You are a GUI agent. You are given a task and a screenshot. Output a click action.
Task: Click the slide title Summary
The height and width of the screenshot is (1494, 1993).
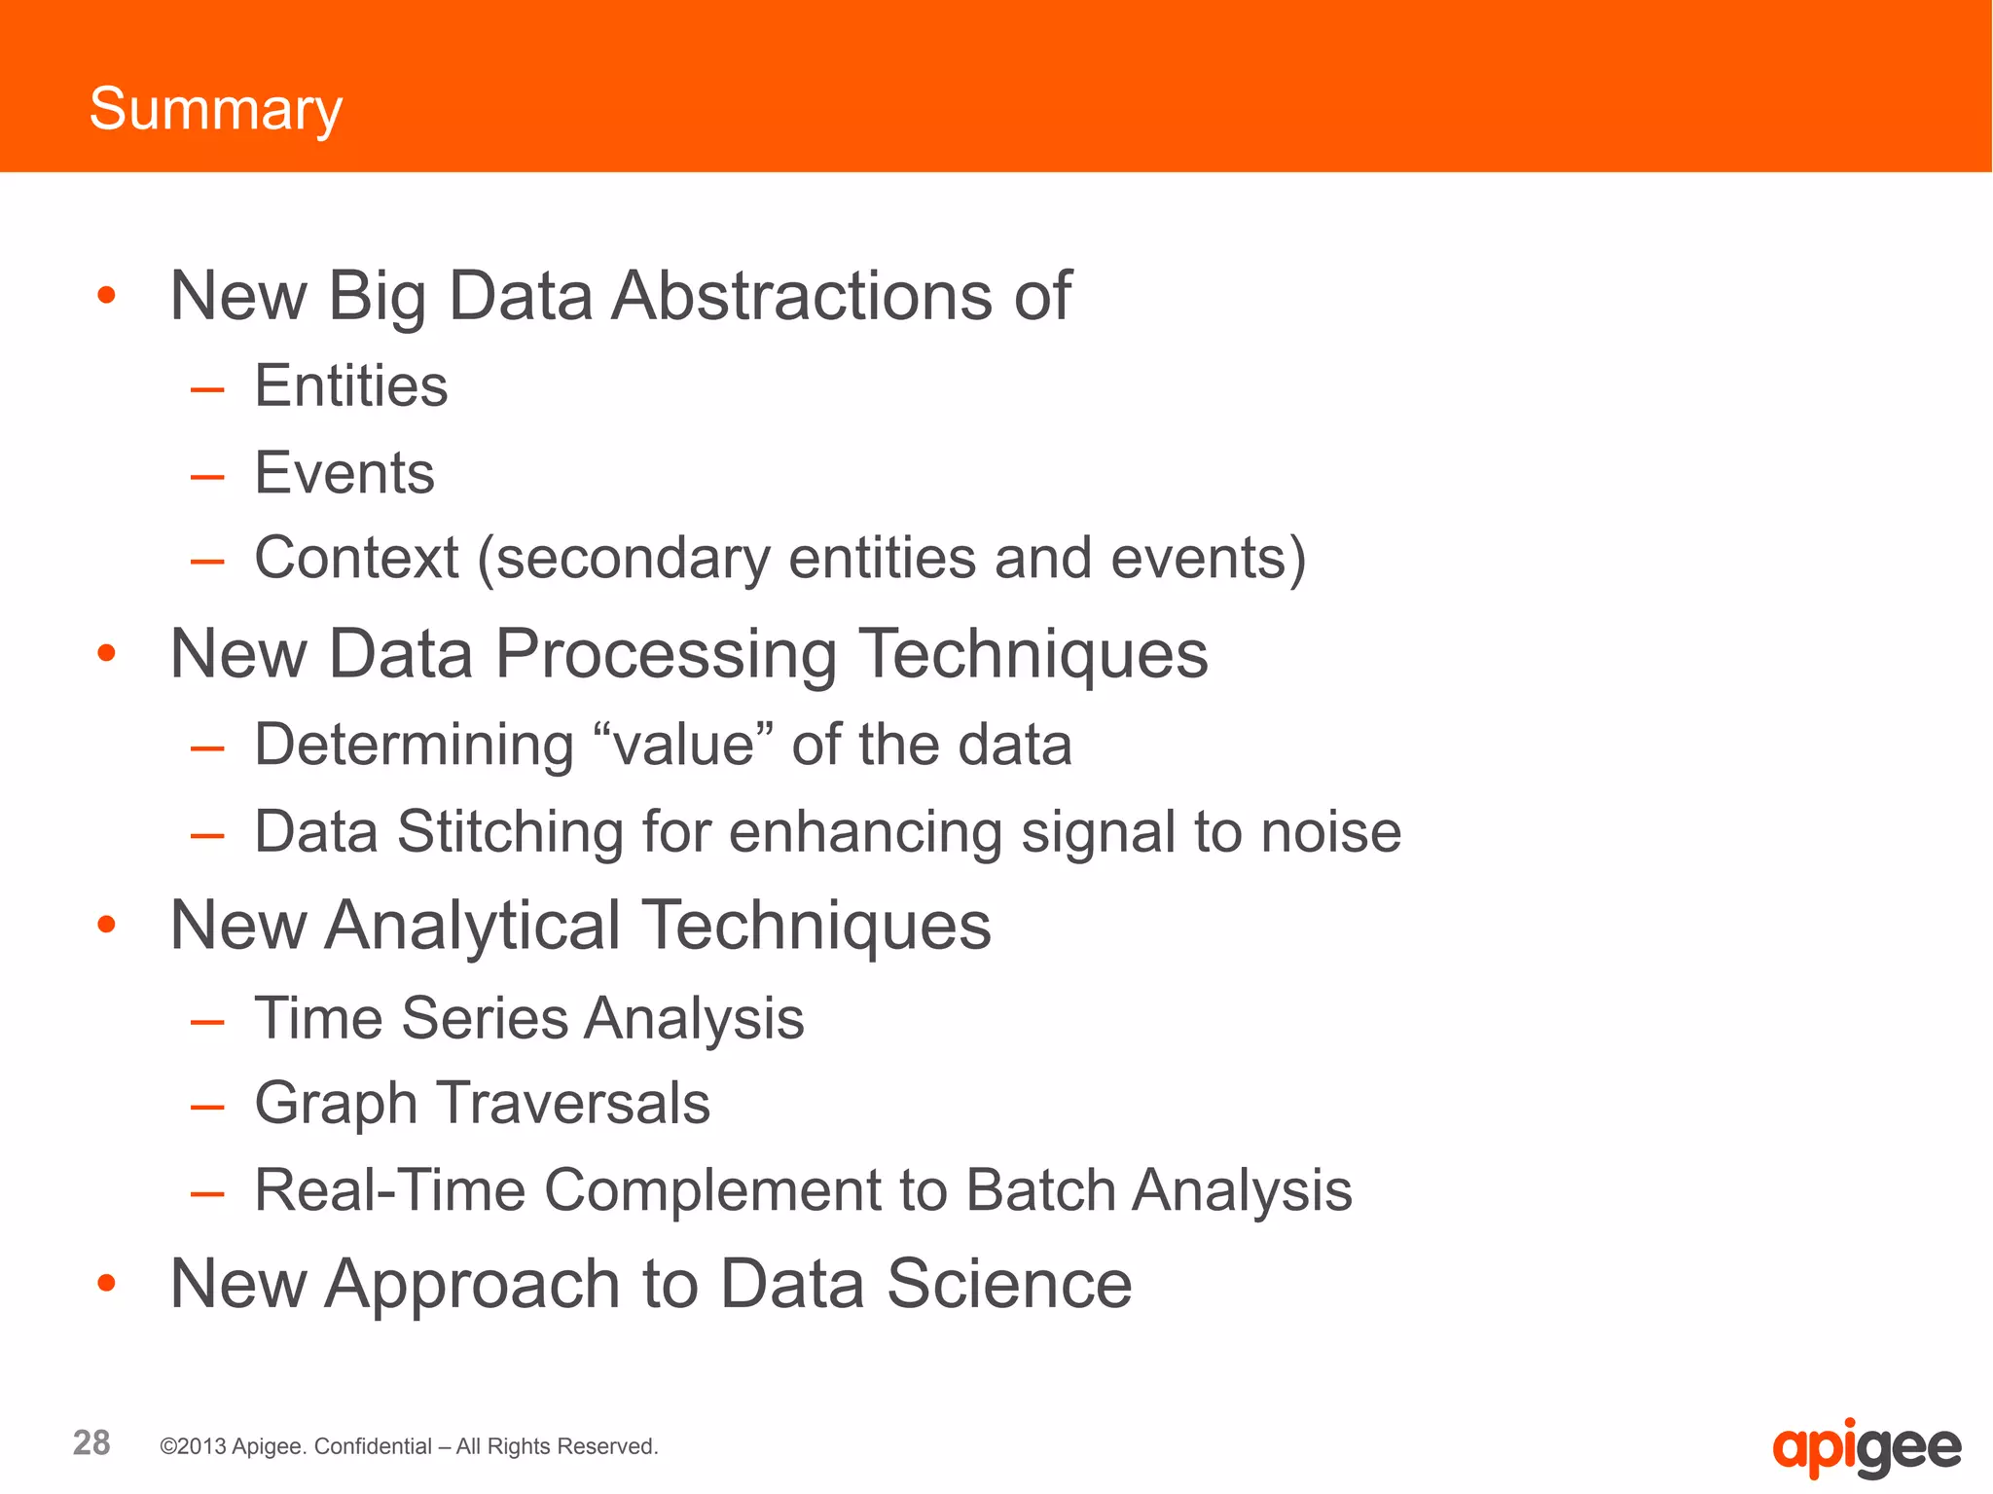point(215,109)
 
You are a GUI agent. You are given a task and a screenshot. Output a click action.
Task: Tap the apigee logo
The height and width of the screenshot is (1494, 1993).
point(1866,1448)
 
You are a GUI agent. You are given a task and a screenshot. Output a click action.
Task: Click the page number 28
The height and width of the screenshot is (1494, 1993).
point(91,1442)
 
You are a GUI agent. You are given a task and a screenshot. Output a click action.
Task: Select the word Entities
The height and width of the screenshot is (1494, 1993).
point(350,385)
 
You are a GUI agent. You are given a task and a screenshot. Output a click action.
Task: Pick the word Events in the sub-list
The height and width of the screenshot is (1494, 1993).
point(344,473)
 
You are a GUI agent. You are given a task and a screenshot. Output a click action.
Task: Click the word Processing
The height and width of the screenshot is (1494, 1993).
point(666,653)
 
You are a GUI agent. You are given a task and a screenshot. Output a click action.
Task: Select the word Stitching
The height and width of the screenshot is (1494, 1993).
point(510,832)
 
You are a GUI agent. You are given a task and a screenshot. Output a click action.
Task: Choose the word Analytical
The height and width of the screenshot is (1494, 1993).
point(473,925)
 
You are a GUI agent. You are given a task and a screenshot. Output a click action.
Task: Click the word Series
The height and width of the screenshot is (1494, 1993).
point(484,1018)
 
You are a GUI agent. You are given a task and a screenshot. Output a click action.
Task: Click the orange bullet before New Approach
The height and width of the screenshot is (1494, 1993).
point(107,1284)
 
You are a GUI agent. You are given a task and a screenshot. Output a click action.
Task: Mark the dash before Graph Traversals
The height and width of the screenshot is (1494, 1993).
point(207,1107)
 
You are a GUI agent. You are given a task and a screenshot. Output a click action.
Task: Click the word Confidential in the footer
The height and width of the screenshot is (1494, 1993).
point(373,1446)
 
